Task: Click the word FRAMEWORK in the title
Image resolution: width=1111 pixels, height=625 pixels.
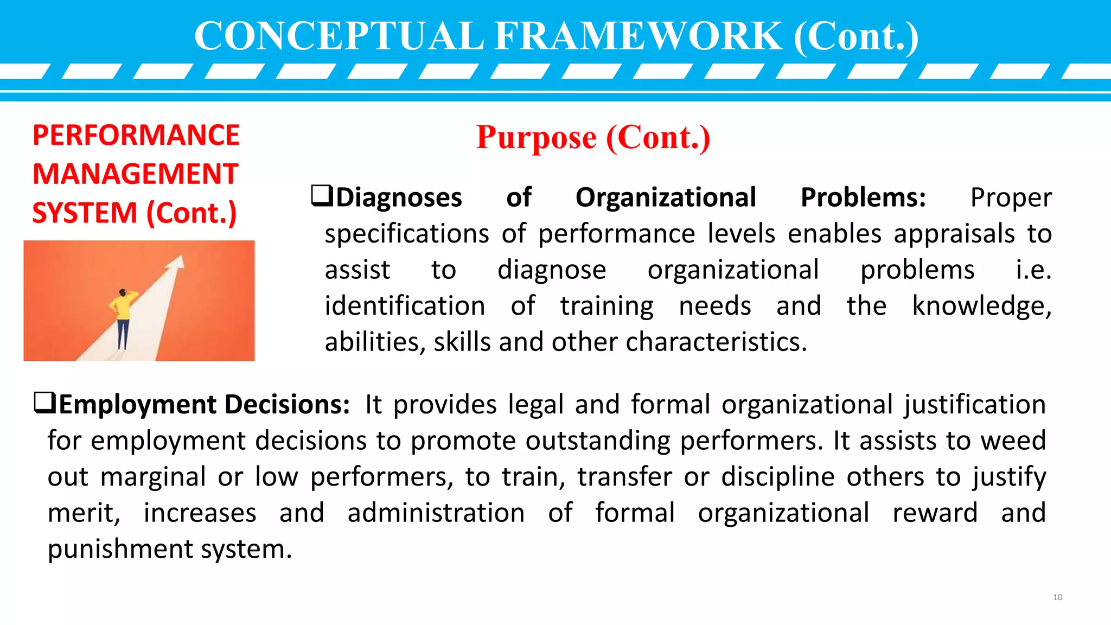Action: [638, 36]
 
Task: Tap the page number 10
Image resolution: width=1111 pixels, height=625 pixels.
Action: [1057, 597]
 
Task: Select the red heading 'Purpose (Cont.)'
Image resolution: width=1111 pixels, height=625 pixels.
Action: [593, 137]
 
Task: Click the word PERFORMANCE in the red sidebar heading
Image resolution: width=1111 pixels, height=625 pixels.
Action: [136, 135]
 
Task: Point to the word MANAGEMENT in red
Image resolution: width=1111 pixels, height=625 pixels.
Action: [136, 174]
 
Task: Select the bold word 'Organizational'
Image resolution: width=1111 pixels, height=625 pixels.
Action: [666, 197]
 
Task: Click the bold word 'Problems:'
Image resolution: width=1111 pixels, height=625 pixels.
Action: [863, 197]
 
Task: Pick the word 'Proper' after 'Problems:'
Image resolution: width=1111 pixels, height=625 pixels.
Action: [1011, 197]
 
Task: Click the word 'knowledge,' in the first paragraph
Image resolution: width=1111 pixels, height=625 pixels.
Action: [982, 306]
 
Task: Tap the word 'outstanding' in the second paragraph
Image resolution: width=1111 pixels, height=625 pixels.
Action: [598, 441]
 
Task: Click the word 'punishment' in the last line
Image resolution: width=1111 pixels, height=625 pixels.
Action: [120, 549]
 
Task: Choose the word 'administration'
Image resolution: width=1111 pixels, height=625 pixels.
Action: [436, 513]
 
